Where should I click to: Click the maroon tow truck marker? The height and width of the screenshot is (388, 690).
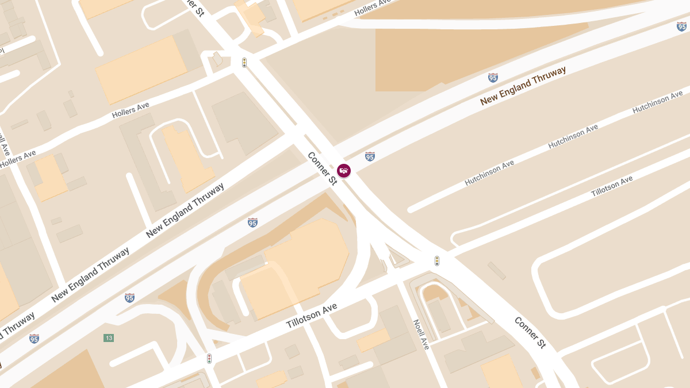tap(343, 170)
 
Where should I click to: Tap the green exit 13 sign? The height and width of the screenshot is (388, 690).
tap(109, 337)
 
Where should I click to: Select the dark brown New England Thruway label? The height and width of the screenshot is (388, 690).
tap(523, 86)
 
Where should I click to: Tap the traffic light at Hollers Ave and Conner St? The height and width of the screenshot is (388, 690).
tap(244, 63)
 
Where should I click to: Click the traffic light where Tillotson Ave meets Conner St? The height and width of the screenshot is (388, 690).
tap(437, 261)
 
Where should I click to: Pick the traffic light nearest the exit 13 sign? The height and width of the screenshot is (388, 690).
tap(209, 359)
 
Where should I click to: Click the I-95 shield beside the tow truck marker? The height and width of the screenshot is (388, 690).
tap(370, 156)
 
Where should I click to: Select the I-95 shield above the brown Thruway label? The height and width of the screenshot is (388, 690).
tap(493, 78)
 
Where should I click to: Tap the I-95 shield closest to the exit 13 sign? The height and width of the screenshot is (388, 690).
tap(130, 297)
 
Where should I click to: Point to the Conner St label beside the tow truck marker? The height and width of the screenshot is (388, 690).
tap(321, 168)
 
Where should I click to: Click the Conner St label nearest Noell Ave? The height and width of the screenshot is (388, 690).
tap(530, 332)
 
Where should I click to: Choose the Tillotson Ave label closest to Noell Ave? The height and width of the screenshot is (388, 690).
tap(312, 316)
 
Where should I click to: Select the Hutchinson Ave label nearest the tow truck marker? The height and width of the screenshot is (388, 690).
tap(489, 172)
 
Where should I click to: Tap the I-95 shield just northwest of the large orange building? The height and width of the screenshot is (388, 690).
tap(252, 222)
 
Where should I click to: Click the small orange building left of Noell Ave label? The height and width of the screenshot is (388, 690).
tap(374, 340)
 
